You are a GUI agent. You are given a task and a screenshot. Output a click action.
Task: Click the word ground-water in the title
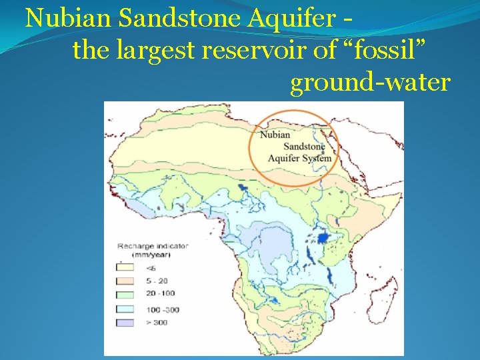pyautogui.click(x=371, y=83)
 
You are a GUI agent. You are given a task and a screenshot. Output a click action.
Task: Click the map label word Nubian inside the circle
pyautogui.click(x=275, y=135)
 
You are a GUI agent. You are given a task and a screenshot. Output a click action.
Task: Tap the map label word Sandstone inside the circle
pyautogui.click(x=304, y=147)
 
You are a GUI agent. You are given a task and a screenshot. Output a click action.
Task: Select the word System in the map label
pyautogui.click(x=317, y=159)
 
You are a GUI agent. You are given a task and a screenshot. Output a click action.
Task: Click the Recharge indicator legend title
pyautogui.click(x=153, y=246)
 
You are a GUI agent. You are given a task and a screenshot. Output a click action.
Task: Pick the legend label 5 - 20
pyautogui.click(x=158, y=281)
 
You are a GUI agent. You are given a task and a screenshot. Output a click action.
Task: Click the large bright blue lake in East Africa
pyautogui.click(x=323, y=238)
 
